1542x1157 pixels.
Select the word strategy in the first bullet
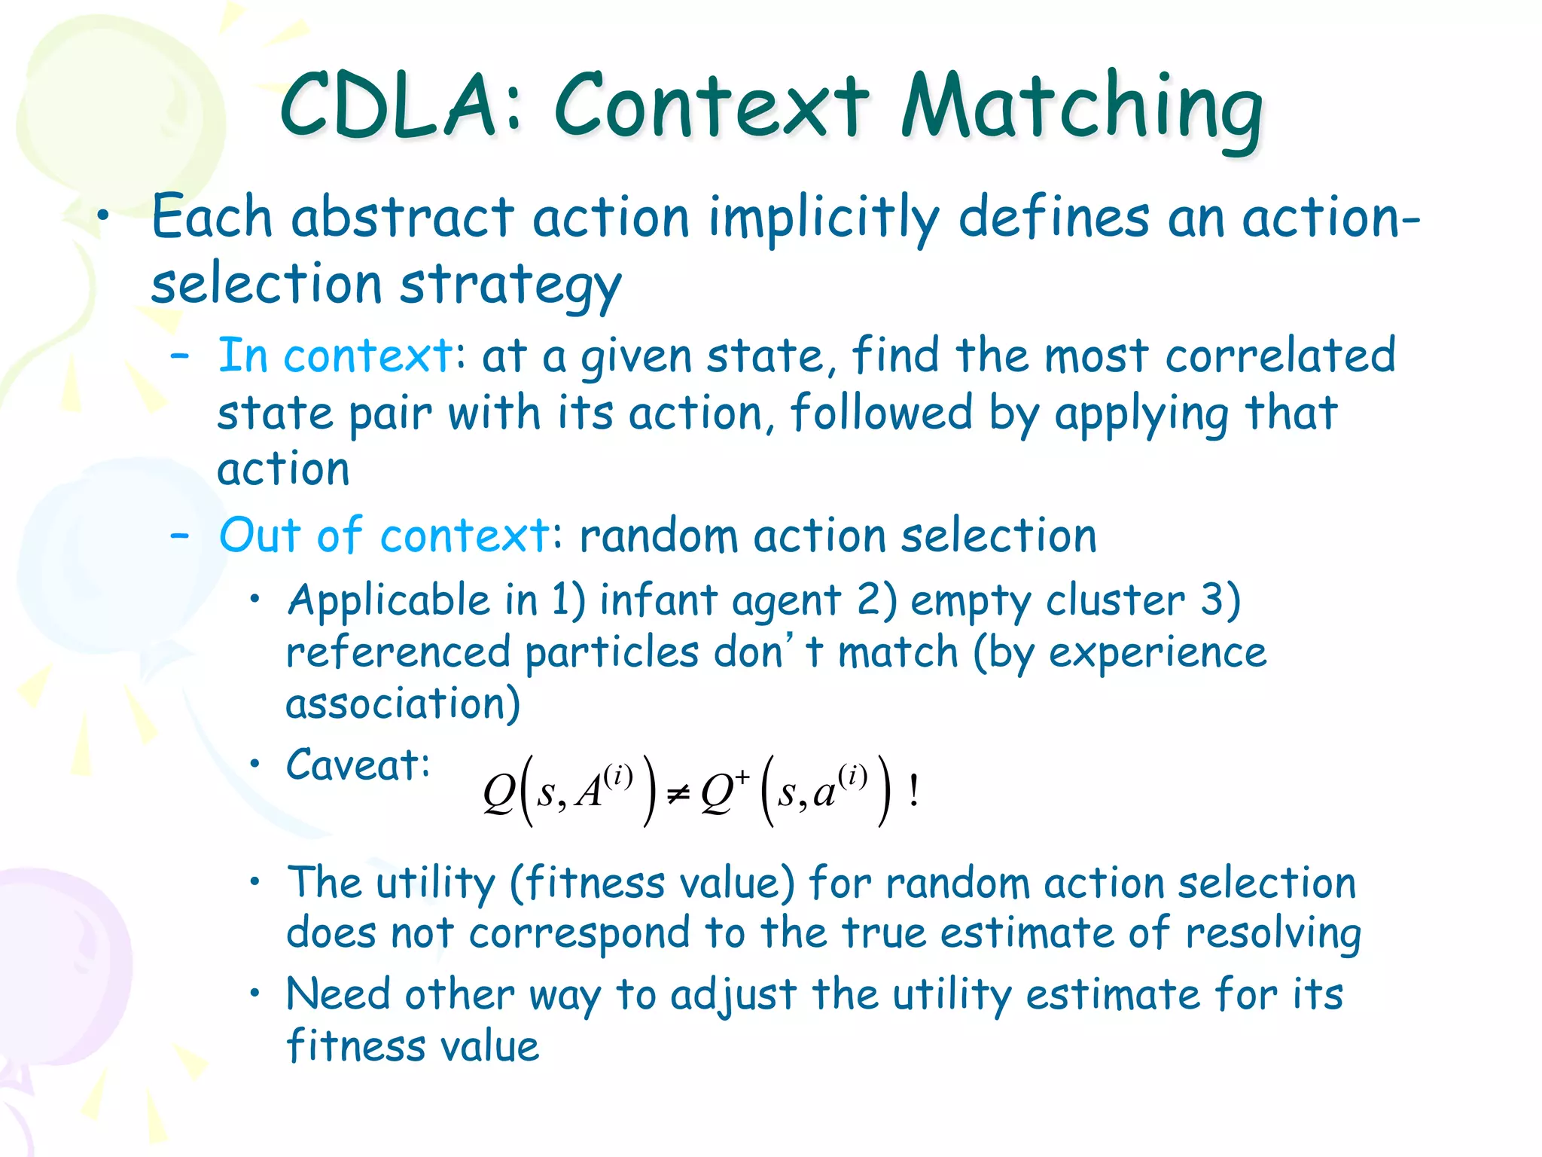tap(510, 287)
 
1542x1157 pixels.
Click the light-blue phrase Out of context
tap(385, 536)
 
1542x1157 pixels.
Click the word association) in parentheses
tap(403, 704)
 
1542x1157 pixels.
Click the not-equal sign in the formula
tap(678, 794)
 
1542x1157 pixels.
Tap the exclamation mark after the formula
tap(913, 791)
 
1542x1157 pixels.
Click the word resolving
tap(1273, 933)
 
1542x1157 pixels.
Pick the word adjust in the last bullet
tap(733, 994)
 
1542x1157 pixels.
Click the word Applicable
tap(389, 600)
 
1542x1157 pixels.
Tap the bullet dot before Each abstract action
tap(104, 217)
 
